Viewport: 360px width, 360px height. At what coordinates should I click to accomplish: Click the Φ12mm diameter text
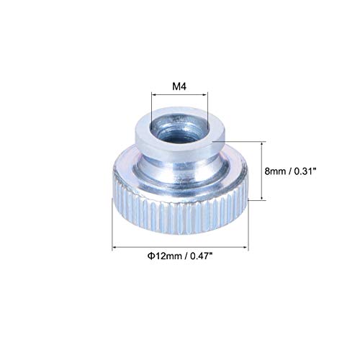(x=152, y=255)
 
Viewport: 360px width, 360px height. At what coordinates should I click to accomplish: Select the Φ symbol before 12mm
(x=136, y=255)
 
